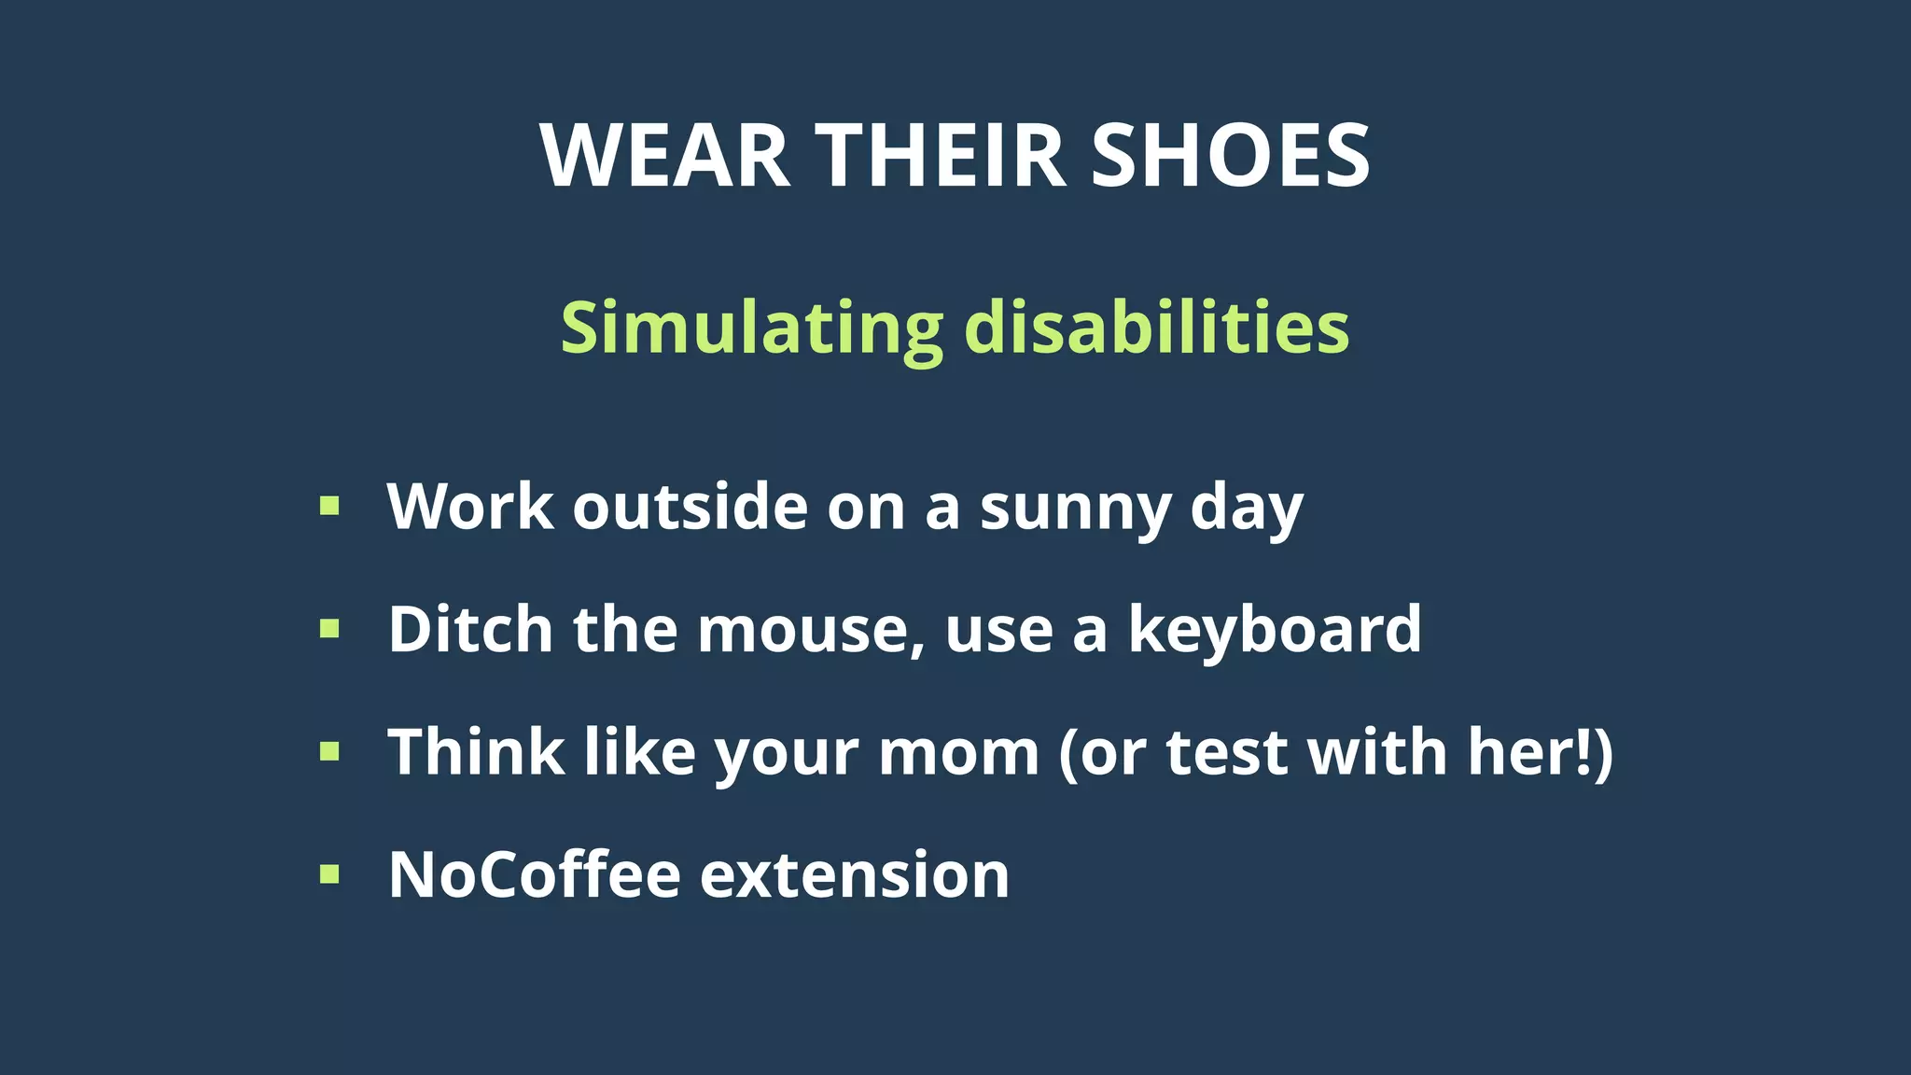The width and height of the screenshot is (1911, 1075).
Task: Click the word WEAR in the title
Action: (665, 156)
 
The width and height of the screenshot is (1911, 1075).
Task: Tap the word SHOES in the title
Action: (1230, 156)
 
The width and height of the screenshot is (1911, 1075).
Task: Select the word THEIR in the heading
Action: (941, 156)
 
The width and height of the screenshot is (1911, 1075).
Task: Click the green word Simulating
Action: (752, 328)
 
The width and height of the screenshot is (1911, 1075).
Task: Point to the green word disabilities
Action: (1156, 328)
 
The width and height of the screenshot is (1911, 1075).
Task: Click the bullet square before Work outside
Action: (329, 507)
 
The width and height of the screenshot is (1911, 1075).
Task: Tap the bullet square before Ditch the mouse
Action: (329, 629)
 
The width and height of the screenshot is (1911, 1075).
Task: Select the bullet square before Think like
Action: (329, 751)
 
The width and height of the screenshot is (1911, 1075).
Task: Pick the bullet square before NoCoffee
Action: (329, 874)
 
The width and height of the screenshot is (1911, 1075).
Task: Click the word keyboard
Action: (1275, 631)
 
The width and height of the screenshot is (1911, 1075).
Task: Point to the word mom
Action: (958, 754)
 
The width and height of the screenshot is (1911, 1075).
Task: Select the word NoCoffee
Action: (534, 875)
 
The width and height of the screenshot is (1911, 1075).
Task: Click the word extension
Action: (855, 877)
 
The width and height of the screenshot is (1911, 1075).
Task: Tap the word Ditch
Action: (470, 629)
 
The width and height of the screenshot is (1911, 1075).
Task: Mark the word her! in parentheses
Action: (1529, 752)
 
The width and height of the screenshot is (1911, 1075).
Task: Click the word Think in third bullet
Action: (476, 752)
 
